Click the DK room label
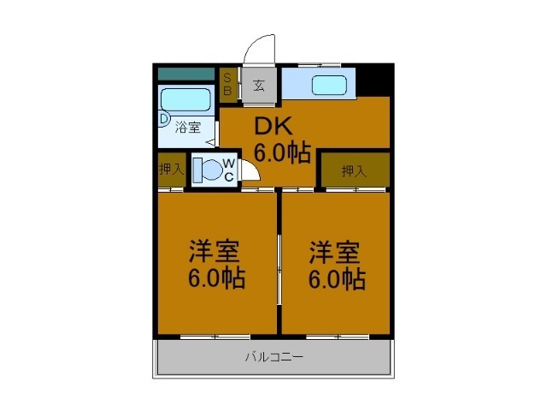[x=273, y=126]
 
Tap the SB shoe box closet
[x=228, y=85]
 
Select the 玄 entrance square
[x=259, y=85]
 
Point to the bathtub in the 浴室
[x=186, y=99]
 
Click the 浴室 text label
[x=188, y=128]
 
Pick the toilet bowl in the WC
[x=211, y=170]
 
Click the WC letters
[x=229, y=170]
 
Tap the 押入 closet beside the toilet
[x=171, y=170]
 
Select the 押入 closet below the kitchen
[x=355, y=170]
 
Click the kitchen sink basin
[x=329, y=86]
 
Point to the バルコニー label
[x=274, y=357]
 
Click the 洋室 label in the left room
[x=215, y=251]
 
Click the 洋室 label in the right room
[x=334, y=253]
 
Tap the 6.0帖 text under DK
[x=282, y=152]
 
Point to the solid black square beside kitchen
[x=374, y=81]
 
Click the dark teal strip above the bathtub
[x=186, y=74]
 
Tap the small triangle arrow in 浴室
[x=210, y=142]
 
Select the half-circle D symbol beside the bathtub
[x=164, y=118]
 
